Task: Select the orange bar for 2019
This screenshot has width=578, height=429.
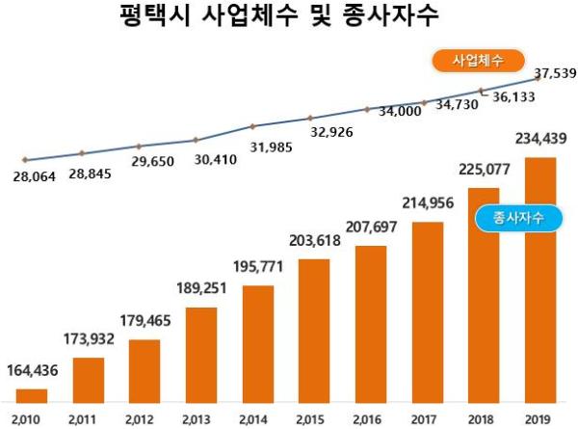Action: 539,280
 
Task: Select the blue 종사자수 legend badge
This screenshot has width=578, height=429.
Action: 518,218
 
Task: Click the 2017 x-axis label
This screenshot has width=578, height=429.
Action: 427,419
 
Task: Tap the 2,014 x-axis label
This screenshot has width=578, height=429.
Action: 257,419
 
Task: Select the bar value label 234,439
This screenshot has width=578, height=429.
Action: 540,140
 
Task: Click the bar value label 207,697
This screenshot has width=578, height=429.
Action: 371,229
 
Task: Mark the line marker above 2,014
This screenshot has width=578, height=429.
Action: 252,126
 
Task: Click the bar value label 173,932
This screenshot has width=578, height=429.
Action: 91,341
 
